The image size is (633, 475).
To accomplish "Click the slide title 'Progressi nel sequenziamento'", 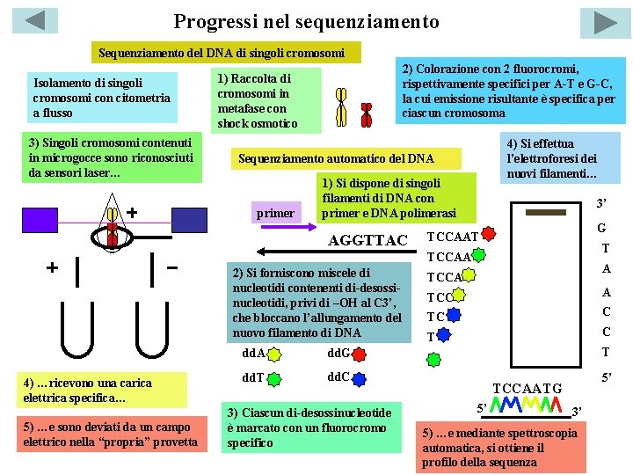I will [306, 20].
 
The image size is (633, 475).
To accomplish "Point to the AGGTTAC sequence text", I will [367, 241].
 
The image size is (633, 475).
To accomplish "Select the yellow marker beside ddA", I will [275, 354].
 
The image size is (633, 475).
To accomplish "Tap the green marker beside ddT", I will [274, 379].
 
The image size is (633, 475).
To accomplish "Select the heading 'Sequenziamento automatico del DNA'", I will [337, 158].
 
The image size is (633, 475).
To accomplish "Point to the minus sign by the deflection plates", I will [172, 266].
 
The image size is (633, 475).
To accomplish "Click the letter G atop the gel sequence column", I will [601, 228].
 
